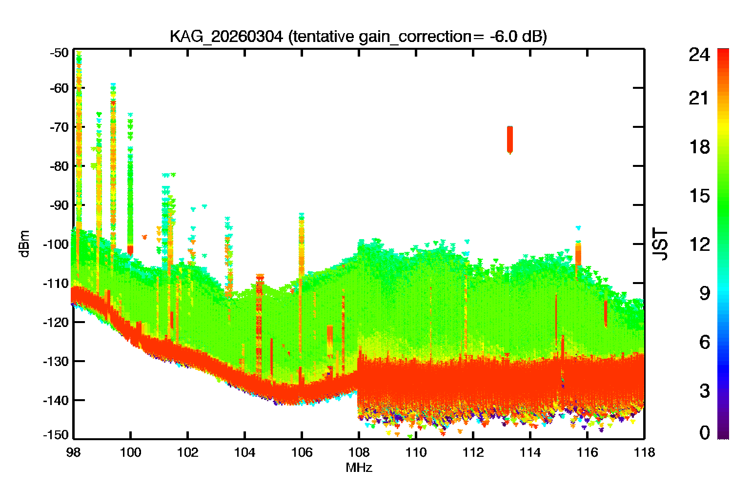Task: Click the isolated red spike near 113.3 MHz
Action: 510,140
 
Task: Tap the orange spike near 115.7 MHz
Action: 578,254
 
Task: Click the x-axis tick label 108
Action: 359,453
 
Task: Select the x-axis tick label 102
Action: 187,453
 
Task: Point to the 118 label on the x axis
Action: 645,453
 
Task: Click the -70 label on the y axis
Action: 59,127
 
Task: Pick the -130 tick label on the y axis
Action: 56,361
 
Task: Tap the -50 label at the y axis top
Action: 59,53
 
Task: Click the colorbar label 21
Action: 699,98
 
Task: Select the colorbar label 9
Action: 705,293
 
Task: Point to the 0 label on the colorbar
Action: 705,432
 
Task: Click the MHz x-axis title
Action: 359,468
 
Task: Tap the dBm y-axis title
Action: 25,244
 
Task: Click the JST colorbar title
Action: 660,244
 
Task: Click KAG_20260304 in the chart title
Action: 226,37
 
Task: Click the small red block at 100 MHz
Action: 130,250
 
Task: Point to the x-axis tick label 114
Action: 530,453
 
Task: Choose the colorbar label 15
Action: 699,196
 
